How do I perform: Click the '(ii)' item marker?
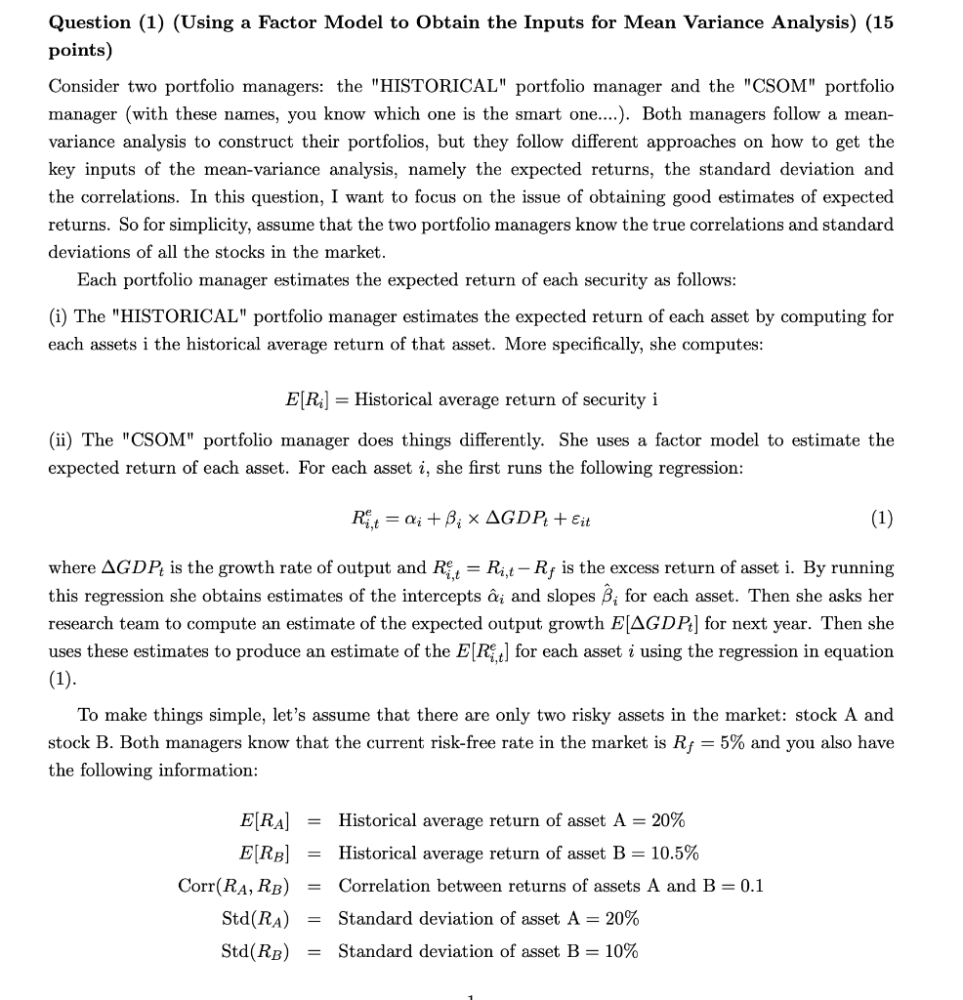coord(62,440)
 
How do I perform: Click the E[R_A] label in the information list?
coord(264,820)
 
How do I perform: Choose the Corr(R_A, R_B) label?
coord(234,886)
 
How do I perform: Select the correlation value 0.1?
coord(752,886)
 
